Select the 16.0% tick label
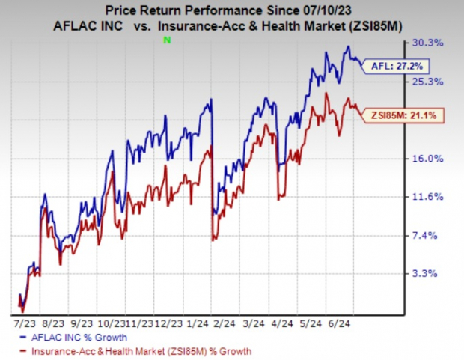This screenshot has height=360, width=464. pos(435,159)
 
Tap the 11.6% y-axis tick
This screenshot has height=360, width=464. pos(435,197)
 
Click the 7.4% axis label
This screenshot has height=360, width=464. pos(437,235)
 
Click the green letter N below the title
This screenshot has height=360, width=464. pos(168,39)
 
